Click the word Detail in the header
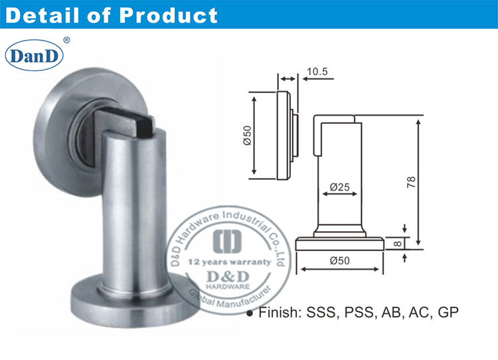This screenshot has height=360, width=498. pyautogui.click(x=47, y=15)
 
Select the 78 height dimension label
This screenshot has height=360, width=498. pyautogui.click(x=411, y=181)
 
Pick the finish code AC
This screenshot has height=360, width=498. pyautogui.click(x=417, y=311)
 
